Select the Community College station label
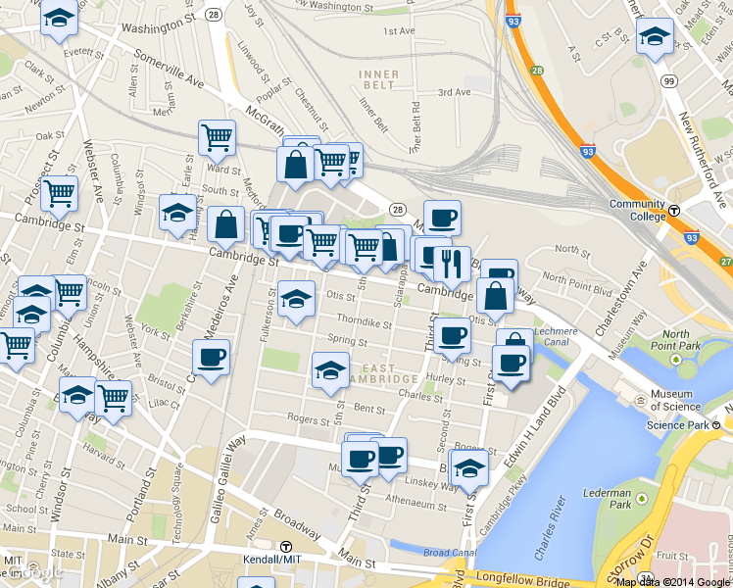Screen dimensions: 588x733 point(636,210)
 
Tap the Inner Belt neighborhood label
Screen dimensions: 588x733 point(378,79)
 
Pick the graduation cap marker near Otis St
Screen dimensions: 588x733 point(296,298)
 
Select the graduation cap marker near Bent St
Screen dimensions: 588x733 point(330,370)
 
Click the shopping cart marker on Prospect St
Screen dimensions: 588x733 point(60,192)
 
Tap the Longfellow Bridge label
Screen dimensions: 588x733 point(521,580)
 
